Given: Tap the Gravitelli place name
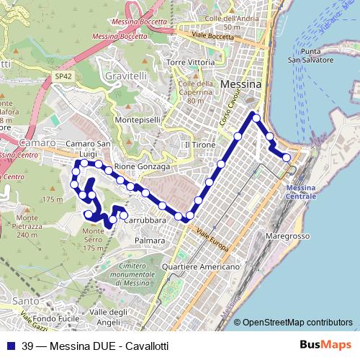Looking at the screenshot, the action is (x=125, y=76).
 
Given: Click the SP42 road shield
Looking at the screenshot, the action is (x=64, y=74).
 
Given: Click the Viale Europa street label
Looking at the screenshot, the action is (x=212, y=242).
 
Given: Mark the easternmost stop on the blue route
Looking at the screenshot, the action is (x=287, y=158).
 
